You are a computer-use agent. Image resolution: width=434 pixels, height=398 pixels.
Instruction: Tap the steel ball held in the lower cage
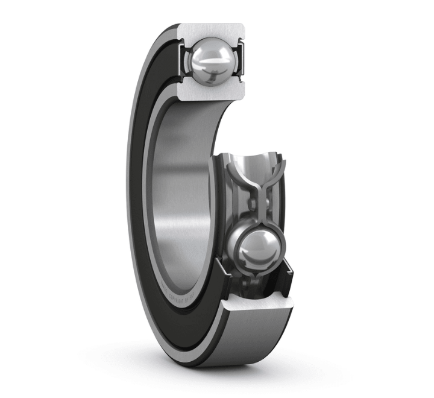(257, 248)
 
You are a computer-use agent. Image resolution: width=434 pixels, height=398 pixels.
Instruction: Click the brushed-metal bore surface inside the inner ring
(181, 199)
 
